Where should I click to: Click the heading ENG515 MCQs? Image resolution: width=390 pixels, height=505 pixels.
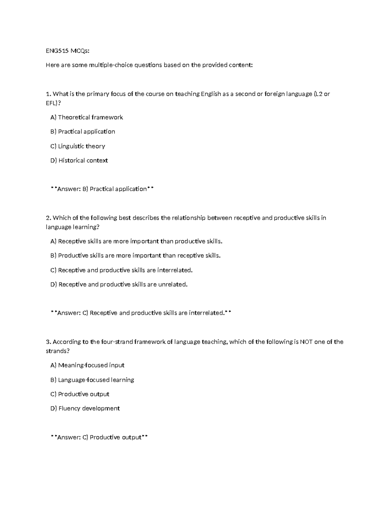coord(68,51)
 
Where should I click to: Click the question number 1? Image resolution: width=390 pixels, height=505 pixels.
coord(48,94)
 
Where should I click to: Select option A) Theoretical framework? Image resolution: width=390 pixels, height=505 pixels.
coord(86,117)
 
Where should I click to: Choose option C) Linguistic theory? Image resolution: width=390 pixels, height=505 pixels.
coord(78,146)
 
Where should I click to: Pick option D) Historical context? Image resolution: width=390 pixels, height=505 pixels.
coord(79,161)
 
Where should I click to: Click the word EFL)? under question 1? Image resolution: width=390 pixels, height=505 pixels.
coord(53,103)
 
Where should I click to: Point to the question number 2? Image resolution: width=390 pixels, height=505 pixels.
coord(48,218)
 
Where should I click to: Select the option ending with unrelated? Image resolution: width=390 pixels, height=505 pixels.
coord(119,285)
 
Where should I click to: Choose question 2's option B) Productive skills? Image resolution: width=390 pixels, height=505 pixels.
coord(135,256)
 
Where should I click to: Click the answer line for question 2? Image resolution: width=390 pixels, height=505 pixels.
coord(141,313)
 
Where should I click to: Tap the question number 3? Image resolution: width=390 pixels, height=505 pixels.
coord(48,342)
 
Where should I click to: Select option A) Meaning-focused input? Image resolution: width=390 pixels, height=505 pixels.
coord(87,365)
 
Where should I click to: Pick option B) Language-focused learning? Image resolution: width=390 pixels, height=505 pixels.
coord(92,380)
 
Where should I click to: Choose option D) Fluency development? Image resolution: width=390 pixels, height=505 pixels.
coord(85,408)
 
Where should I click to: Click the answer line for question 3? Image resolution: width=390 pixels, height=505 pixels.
coord(99,437)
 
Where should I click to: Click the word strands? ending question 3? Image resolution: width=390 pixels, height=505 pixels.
coord(58,351)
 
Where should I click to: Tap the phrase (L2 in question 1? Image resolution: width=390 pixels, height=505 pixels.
coord(318,94)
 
